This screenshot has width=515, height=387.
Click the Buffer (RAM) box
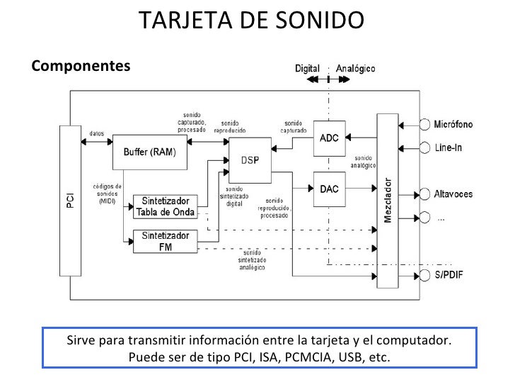coord(149,152)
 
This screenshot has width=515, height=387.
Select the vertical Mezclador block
coord(388,201)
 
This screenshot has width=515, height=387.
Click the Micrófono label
coord(453,124)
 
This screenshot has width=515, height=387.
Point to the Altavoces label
coord(453,193)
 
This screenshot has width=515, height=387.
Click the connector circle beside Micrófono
coord(425,124)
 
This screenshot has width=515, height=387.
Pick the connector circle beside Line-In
coord(425,147)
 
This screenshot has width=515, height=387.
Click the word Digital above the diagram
coord(307,69)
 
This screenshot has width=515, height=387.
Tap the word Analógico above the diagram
coord(356,69)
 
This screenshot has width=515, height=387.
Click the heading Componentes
coord(81,66)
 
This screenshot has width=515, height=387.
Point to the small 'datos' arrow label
coord(97,133)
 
